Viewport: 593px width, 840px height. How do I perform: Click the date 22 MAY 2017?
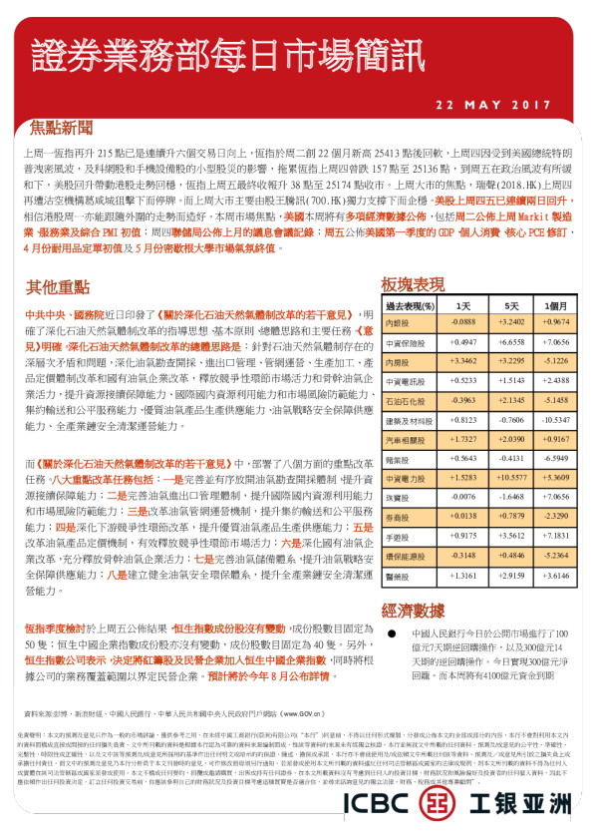493,104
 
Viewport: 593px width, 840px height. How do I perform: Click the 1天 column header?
462,305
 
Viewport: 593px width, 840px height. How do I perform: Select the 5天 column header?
510,305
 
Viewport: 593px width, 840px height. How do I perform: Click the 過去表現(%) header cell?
409,305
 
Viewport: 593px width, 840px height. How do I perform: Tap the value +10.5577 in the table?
510,478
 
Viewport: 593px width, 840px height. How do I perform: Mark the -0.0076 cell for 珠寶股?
462,497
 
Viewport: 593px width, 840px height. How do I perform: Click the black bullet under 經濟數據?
392,634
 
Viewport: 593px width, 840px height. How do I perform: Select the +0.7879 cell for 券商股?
510,517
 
